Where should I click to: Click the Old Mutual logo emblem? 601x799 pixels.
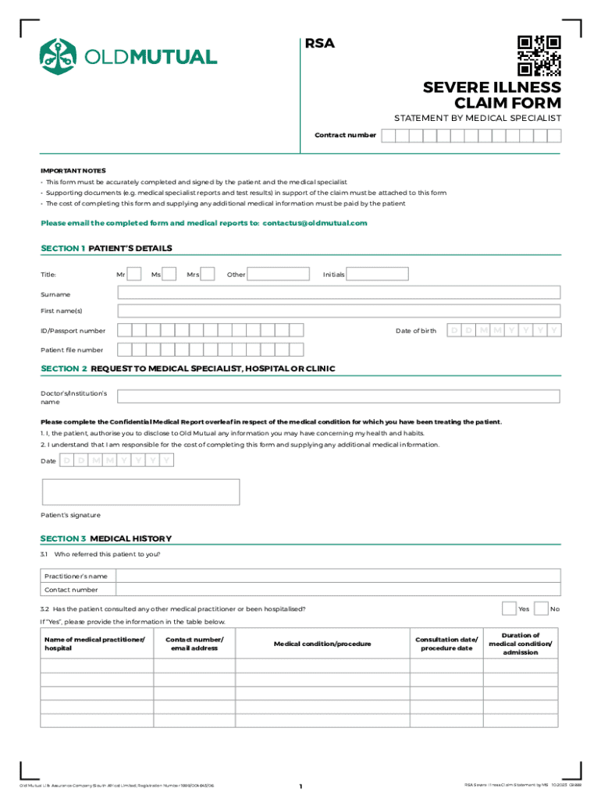point(57,56)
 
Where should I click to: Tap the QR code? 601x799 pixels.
point(539,56)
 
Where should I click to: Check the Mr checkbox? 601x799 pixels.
point(134,274)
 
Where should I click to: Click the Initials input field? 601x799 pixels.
point(378,274)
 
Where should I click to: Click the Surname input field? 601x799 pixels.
point(339,293)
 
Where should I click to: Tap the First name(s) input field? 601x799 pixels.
point(339,311)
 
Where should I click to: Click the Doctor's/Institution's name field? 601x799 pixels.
point(339,396)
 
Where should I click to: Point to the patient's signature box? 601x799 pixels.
point(140,492)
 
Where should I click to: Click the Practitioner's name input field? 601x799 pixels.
point(339,575)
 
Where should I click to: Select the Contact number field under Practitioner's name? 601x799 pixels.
point(339,590)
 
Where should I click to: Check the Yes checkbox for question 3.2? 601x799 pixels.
point(509,608)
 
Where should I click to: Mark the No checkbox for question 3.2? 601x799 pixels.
point(541,608)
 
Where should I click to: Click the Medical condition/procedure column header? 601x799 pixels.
point(322,644)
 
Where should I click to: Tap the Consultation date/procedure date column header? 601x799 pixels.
point(446,644)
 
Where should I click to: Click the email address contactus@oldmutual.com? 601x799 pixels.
point(315,223)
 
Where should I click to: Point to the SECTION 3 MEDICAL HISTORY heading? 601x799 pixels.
point(106,538)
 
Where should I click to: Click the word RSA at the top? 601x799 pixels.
point(319,44)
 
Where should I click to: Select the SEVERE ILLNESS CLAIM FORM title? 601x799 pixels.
point(492,94)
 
